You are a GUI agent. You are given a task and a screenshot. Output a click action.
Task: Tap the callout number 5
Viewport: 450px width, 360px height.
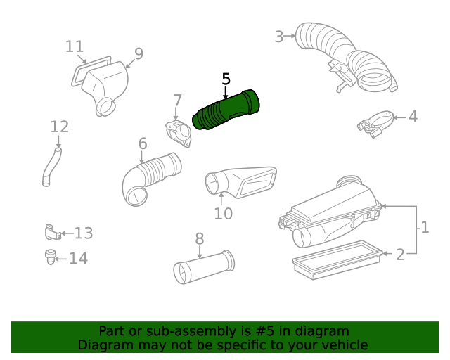tap(226, 79)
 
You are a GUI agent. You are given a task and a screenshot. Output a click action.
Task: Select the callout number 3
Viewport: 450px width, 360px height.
tap(279, 37)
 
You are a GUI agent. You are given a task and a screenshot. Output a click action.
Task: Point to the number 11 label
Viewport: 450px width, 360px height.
tap(75, 46)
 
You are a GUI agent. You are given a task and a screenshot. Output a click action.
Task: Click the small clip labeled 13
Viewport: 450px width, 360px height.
tap(50, 231)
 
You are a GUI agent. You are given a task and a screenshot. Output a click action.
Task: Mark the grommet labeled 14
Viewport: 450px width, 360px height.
tap(51, 257)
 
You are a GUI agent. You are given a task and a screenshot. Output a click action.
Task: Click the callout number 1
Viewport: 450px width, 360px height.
tap(424, 227)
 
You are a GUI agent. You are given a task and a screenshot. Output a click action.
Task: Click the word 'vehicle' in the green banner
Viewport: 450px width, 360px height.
tap(342, 345)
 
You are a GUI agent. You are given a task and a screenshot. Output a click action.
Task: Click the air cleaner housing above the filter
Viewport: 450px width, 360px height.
tap(330, 214)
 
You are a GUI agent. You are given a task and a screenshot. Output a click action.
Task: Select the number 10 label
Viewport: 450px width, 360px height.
tap(223, 214)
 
